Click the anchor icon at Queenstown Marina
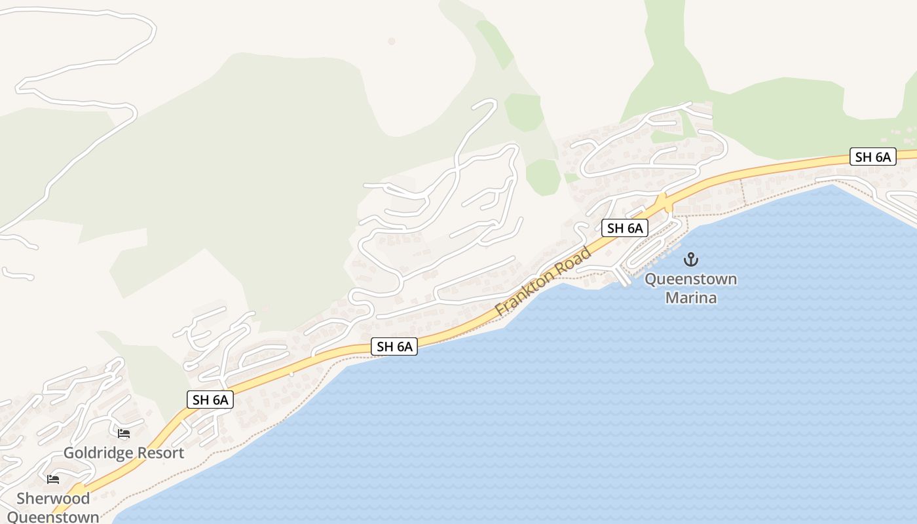690,259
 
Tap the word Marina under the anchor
691,298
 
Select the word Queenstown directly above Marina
691,279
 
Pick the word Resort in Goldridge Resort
161,453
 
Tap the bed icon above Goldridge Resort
124,434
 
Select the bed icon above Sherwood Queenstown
53,479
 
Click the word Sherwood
53,498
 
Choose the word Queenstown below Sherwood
53,517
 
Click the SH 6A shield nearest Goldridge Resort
210,400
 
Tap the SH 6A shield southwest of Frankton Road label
394,346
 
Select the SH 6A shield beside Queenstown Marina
625,228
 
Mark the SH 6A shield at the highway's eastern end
872,157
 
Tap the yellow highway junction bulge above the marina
664,202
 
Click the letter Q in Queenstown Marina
651,279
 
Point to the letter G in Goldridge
69,453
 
